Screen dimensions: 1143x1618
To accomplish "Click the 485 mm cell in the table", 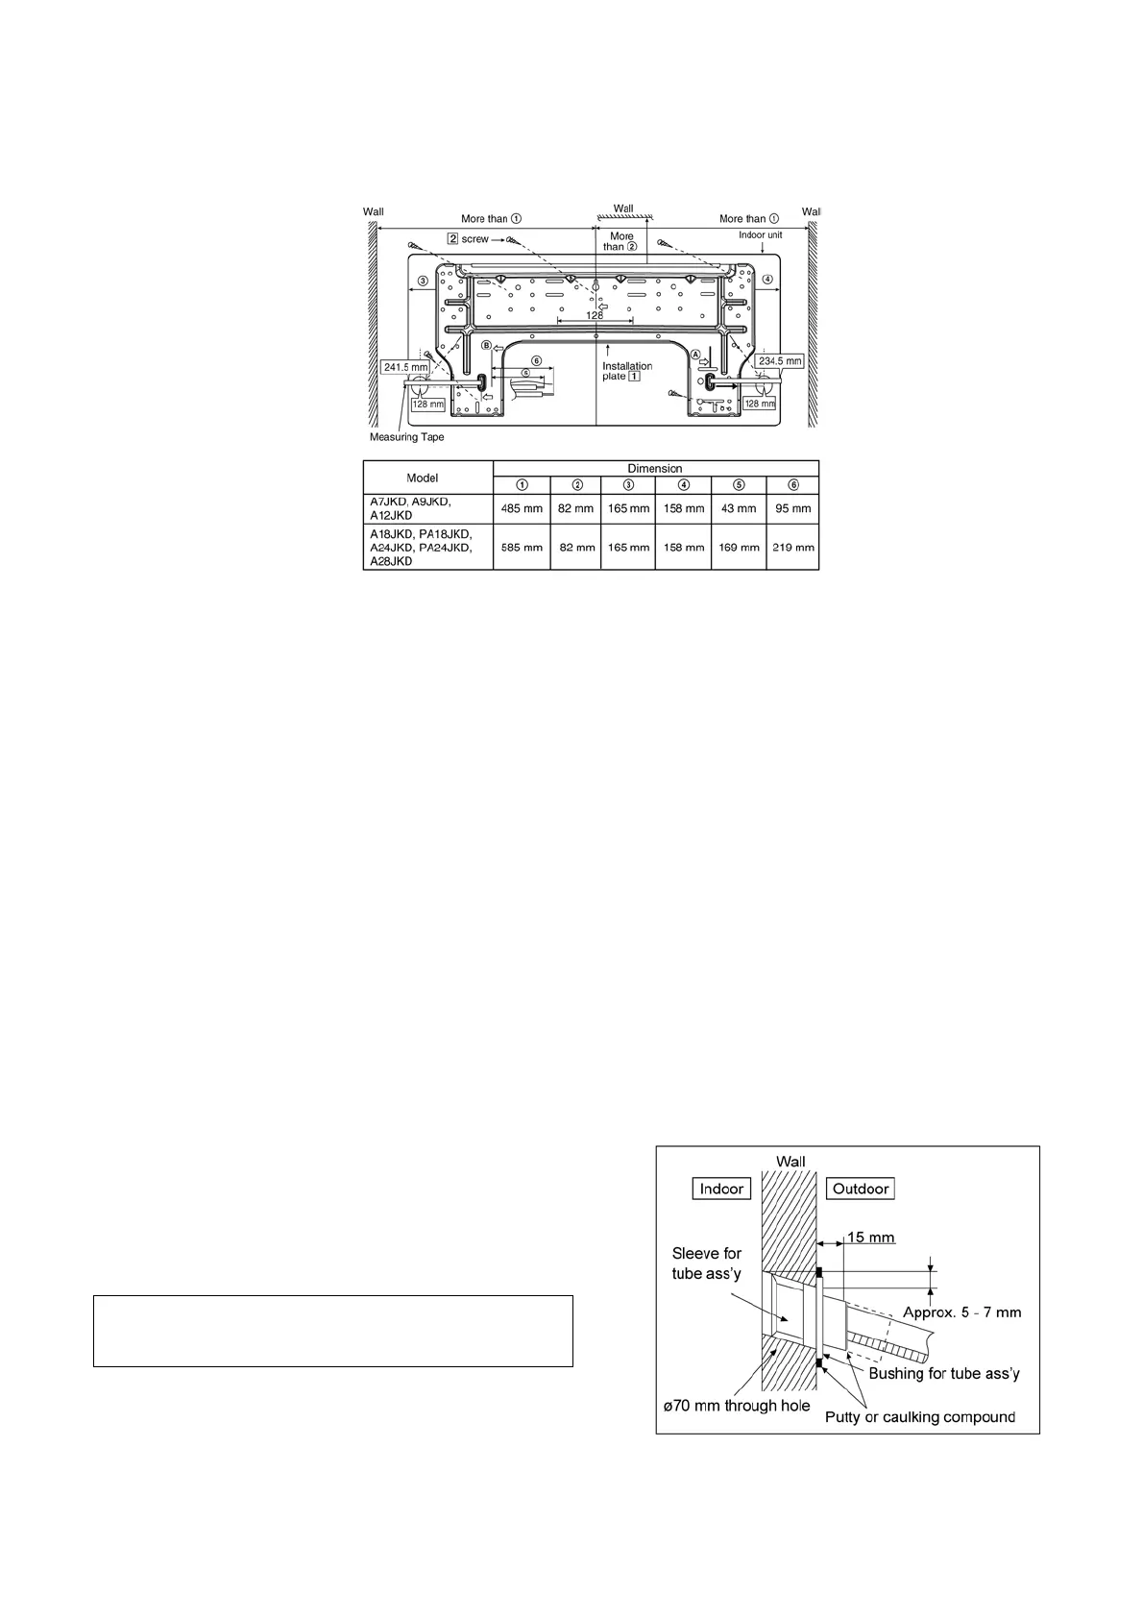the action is [x=522, y=508].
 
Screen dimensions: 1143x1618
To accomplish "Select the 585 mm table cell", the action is [x=522, y=548].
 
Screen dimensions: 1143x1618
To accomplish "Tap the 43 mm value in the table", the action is [x=739, y=508].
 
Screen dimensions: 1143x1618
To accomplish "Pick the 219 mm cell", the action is [x=792, y=548].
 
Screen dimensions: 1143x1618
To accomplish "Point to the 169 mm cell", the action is [x=739, y=548].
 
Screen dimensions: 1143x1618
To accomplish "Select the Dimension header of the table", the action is [x=655, y=468].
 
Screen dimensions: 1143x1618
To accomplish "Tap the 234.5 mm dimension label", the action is [x=780, y=360].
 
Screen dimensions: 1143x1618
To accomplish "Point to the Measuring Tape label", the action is [x=406, y=437].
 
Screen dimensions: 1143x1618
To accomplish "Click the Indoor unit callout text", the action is [x=760, y=234].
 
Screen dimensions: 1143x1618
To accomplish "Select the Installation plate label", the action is [x=626, y=371].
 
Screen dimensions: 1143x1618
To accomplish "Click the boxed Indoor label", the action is [x=721, y=1189].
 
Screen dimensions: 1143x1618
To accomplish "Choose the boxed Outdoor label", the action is [x=860, y=1189].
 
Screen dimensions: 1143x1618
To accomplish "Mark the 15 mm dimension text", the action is [x=868, y=1238].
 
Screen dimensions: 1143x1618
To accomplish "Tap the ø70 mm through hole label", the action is [x=739, y=1407].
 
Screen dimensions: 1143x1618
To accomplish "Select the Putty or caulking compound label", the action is [x=920, y=1417].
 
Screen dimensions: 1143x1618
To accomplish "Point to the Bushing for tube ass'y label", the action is [x=944, y=1374].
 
